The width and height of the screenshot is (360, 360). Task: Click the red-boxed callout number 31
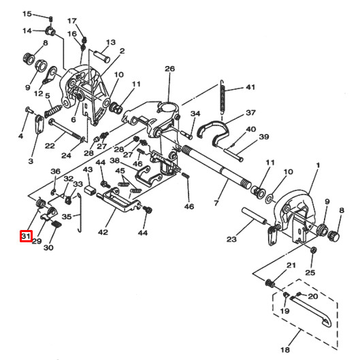click(26, 236)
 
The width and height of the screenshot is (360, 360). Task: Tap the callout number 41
click(250, 88)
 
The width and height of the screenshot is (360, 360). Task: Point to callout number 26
click(169, 69)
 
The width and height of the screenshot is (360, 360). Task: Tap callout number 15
click(27, 14)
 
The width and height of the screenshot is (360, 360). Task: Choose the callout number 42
click(103, 232)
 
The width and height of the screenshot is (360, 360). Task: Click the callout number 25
click(311, 272)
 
